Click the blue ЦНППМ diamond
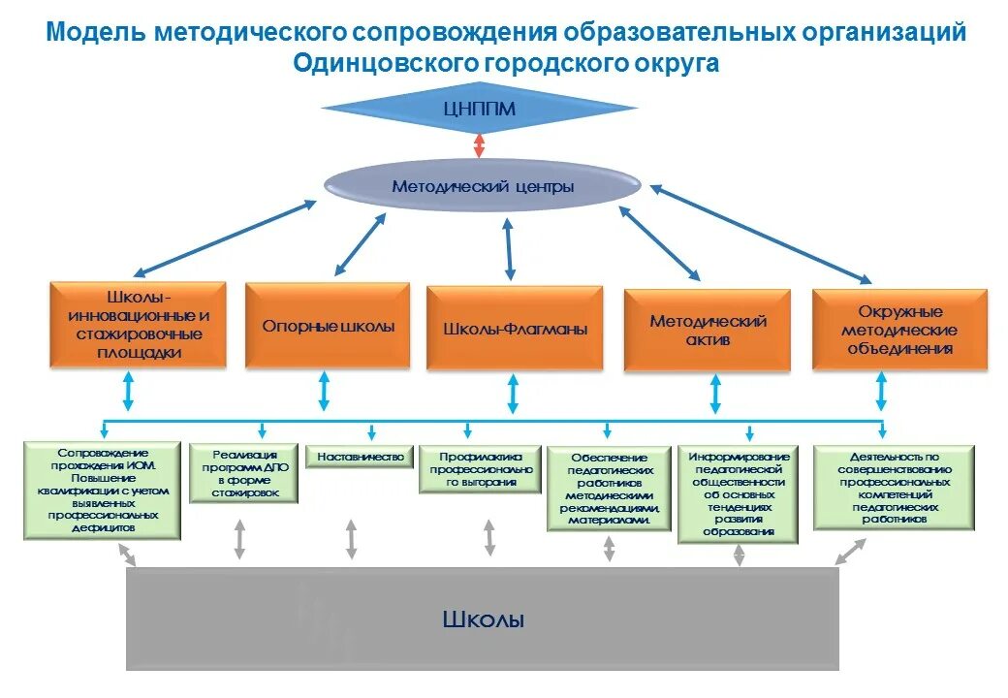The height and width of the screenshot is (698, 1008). tap(479, 110)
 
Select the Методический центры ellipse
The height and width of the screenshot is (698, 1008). tap(482, 185)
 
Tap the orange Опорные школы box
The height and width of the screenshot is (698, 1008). tap(328, 326)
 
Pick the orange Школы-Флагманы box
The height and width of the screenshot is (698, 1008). tap(515, 329)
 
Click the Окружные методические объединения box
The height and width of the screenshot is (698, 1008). tap(899, 330)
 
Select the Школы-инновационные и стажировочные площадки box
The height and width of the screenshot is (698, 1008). tap(138, 325)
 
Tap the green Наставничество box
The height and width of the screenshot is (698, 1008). tap(360, 456)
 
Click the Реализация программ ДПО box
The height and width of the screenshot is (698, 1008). tap(243, 472)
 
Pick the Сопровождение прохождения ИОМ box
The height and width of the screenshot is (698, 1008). tap(103, 491)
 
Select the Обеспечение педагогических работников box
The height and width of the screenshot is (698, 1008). tap(609, 489)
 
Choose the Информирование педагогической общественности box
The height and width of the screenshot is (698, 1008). tap(740, 492)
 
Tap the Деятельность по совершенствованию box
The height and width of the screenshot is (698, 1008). tap(894, 487)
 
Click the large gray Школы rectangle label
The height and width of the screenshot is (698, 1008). tap(483, 619)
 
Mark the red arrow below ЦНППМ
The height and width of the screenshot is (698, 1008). tap(479, 144)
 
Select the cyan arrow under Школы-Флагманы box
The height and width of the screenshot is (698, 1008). tap(513, 394)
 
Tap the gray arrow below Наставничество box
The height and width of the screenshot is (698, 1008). tap(351, 539)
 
